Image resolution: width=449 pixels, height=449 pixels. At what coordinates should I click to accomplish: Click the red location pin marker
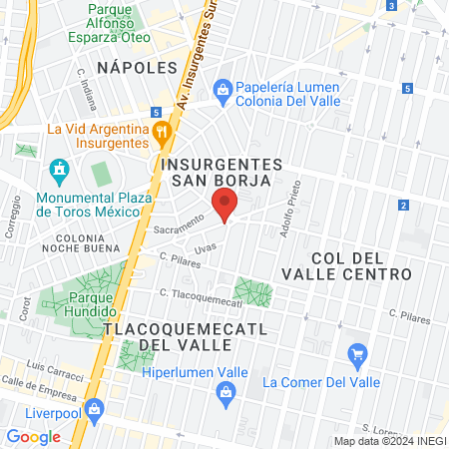(x=225, y=207)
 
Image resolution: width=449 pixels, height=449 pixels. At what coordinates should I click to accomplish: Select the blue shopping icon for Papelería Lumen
(x=223, y=90)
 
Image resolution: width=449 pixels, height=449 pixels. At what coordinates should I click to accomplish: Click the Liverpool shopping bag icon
(x=94, y=409)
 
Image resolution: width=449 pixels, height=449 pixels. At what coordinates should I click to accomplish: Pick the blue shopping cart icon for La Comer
(x=357, y=354)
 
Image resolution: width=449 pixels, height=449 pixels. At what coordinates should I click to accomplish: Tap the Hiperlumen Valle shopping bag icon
(x=228, y=393)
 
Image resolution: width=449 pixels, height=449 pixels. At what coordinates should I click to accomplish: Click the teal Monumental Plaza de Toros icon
(x=57, y=170)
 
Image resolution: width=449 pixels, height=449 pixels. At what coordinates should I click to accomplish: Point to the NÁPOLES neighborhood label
(x=137, y=67)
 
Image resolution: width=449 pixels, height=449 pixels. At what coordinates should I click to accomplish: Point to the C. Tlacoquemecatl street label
(x=201, y=296)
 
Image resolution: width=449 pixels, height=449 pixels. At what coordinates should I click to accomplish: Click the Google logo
(x=34, y=436)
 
